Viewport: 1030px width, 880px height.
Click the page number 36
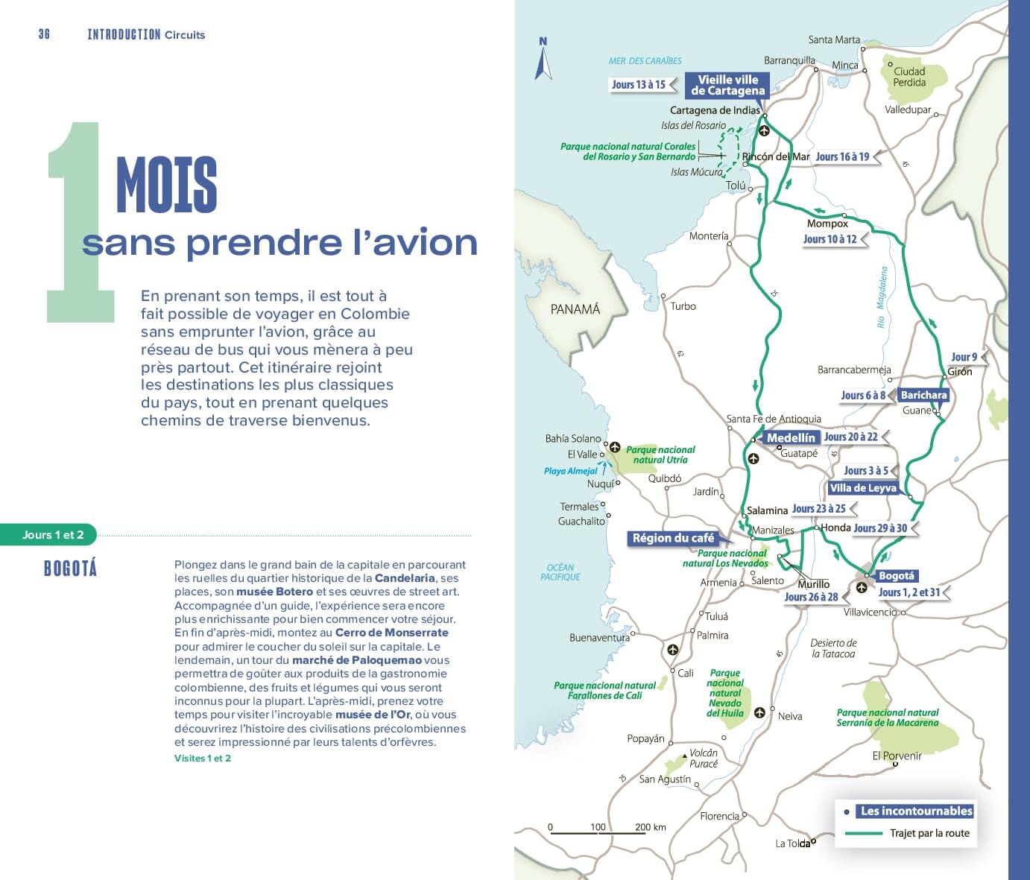pos(44,34)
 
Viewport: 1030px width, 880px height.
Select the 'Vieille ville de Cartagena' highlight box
pos(727,85)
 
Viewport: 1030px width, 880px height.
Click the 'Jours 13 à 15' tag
pos(639,85)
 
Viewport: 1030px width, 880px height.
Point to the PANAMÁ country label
pos(575,309)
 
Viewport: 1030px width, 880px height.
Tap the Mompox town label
pos(827,224)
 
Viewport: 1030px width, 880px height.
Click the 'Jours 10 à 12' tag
pos(830,239)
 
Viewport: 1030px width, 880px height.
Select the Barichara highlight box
pos(923,395)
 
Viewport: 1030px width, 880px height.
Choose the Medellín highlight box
pos(790,437)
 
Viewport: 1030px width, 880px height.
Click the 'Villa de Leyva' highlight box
pos(862,488)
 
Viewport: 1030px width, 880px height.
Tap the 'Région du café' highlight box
pos(673,538)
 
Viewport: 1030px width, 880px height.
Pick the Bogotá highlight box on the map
pos(896,576)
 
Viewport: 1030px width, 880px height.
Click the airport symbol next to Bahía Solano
pos(615,447)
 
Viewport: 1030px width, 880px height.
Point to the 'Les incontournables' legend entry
pos(916,811)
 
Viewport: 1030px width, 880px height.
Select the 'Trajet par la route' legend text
pos(929,833)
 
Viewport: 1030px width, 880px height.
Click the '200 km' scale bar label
pos(650,827)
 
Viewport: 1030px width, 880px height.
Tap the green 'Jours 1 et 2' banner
pos(52,535)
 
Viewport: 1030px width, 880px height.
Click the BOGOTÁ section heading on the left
pos(70,569)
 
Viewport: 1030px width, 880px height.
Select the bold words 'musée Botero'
pos(274,592)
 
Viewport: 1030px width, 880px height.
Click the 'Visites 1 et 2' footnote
pos(203,759)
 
